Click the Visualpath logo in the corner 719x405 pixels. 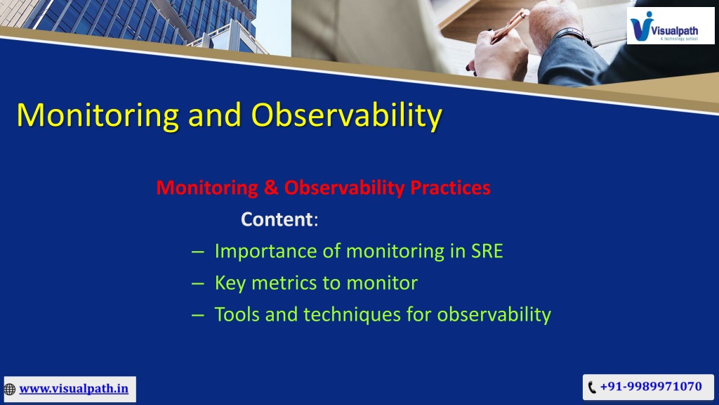click(671, 26)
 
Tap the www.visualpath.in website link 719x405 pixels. click(74, 388)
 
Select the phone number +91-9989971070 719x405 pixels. click(651, 386)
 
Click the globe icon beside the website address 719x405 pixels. click(10, 390)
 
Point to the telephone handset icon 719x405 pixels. click(592, 387)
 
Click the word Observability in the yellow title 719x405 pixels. click(347, 115)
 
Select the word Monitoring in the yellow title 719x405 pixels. click(98, 115)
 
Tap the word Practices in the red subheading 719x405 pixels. click(450, 187)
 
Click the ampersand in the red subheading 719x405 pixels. click(271, 187)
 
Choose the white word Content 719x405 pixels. click(277, 219)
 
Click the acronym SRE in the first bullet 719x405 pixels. click(487, 251)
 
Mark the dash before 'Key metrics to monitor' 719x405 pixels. click(197, 284)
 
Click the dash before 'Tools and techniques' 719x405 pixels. click(197, 316)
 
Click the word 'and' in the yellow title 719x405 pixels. click(215, 115)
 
